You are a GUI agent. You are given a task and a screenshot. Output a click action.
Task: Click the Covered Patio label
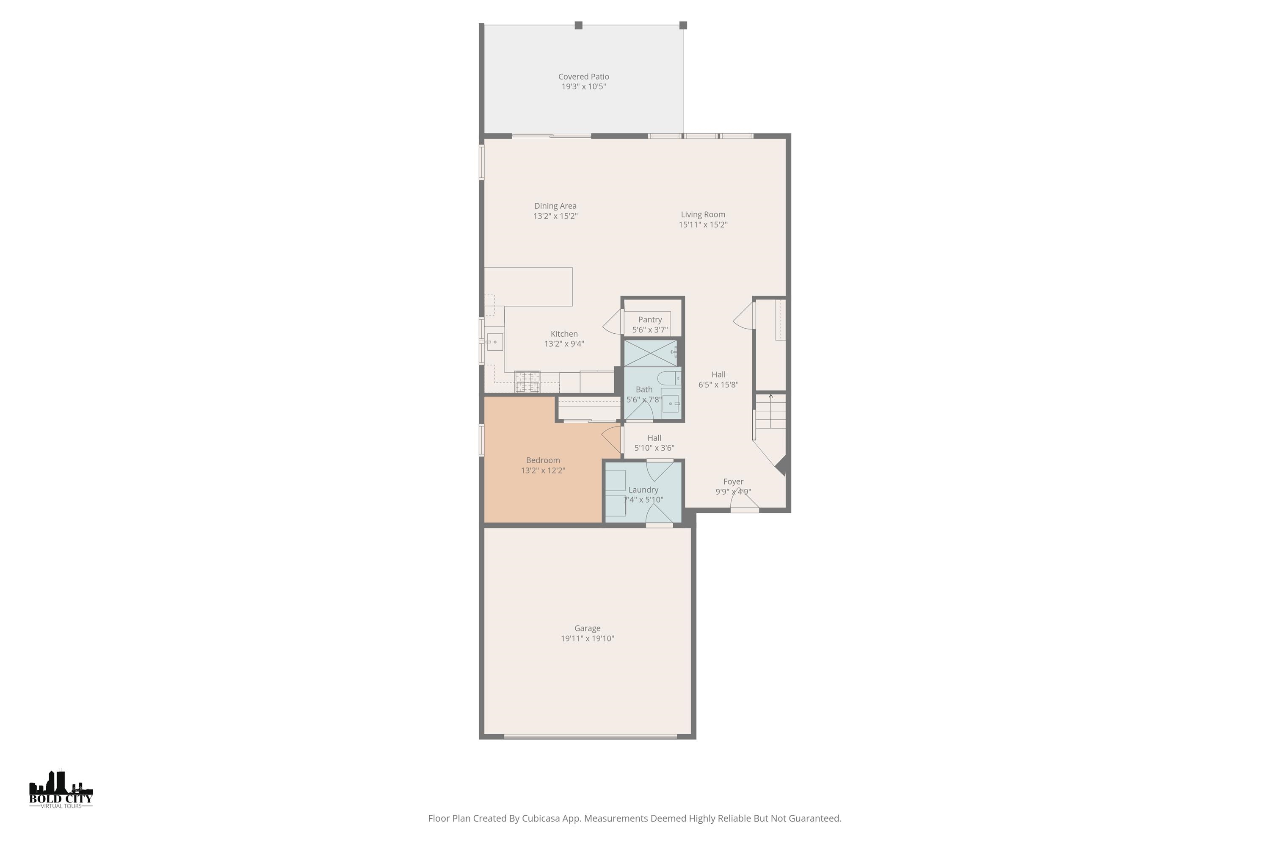583,77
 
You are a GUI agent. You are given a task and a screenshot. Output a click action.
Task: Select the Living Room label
702,214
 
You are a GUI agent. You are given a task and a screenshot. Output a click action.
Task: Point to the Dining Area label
555,206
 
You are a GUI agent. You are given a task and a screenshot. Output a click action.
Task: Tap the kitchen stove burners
527,382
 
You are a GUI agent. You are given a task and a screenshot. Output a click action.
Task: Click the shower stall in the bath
650,353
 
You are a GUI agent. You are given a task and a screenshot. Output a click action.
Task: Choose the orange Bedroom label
543,460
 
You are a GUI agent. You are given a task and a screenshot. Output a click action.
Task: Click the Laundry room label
643,490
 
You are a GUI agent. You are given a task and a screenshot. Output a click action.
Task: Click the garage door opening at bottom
590,736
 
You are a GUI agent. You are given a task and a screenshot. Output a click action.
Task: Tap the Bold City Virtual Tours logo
61,789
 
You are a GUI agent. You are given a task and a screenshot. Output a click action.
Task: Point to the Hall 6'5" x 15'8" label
718,379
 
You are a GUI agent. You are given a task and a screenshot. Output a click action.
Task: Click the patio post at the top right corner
683,25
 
